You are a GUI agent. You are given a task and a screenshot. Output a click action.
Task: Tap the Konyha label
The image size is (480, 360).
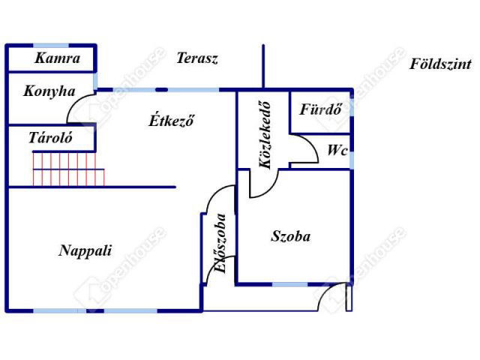tap(49, 91)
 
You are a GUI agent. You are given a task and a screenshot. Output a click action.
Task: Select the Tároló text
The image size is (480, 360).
tap(49, 137)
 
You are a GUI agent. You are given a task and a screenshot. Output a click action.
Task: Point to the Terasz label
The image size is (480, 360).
tap(197, 58)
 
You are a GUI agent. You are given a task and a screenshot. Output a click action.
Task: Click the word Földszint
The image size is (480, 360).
tap(440, 64)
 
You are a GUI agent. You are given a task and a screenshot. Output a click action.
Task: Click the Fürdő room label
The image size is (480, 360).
tap(320, 109)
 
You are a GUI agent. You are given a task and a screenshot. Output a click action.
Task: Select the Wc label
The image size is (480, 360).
tap(337, 150)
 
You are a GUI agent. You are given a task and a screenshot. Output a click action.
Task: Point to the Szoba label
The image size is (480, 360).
tap(290, 236)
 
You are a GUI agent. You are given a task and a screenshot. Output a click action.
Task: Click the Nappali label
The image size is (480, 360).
tap(85, 250)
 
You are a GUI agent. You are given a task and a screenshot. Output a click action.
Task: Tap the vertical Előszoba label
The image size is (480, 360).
tap(220, 244)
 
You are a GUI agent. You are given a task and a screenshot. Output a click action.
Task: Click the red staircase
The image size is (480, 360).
tap(64, 169)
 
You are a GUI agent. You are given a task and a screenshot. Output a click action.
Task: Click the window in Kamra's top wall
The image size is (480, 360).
tap(45, 46)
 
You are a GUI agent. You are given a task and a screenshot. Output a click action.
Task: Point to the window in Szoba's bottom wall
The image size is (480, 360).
tap(289, 284)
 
